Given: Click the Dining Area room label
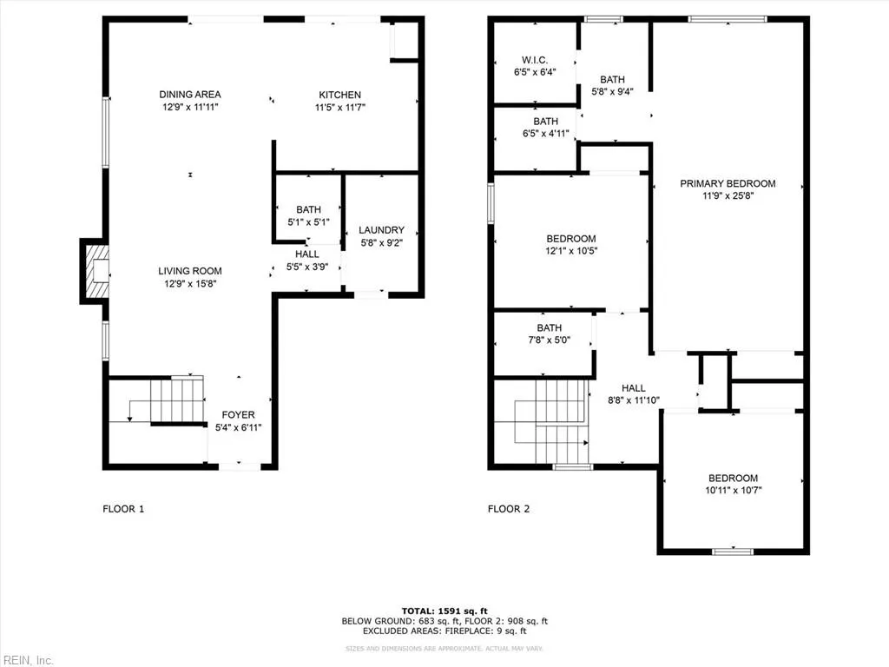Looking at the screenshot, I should [189, 95].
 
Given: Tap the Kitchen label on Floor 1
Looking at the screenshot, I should [339, 95].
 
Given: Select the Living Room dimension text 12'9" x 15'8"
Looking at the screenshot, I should [189, 283].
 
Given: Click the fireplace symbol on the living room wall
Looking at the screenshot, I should [96, 271].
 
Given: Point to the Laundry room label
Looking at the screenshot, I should [381, 230].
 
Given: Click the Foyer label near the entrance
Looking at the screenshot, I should [238, 414].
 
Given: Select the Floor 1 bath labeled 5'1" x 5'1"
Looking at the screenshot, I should [308, 209].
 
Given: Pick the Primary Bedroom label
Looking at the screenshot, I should [728, 183].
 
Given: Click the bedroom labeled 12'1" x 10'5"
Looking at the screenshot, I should [570, 239].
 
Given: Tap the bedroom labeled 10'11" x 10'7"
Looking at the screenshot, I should [733, 478].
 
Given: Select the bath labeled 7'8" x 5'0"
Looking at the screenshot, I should [549, 327].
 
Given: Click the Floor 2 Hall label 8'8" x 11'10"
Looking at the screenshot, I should [634, 388].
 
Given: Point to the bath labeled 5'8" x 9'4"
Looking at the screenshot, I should [612, 80].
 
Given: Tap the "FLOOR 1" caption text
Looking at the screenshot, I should [123, 509].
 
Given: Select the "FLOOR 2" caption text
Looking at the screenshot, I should [509, 509].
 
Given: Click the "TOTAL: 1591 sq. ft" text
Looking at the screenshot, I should [444, 610].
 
